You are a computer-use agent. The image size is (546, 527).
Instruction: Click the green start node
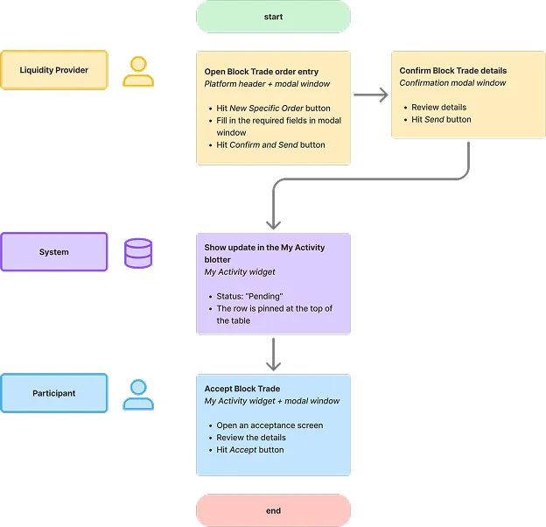[x=273, y=17]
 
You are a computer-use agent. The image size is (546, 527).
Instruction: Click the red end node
[x=273, y=509]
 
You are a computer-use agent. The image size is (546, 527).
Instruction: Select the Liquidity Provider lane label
[x=54, y=70]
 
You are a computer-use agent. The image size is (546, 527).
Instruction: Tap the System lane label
[x=54, y=252]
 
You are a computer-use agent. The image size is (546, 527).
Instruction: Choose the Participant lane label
[x=54, y=393]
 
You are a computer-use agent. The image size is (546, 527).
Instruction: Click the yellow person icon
[x=137, y=72]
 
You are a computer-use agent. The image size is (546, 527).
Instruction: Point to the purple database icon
[x=137, y=253]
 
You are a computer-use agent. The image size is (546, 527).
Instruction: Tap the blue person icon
[x=137, y=395]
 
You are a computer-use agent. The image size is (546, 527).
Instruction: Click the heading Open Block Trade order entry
[x=261, y=72]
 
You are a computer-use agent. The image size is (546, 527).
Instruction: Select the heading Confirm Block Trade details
[x=452, y=71]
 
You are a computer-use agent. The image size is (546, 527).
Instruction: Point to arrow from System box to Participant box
[x=274, y=354]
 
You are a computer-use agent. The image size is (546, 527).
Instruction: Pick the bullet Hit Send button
[x=441, y=120]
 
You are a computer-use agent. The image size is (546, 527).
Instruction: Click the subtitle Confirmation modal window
[x=452, y=83]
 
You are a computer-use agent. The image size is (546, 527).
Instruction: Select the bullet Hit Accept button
[x=250, y=450]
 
